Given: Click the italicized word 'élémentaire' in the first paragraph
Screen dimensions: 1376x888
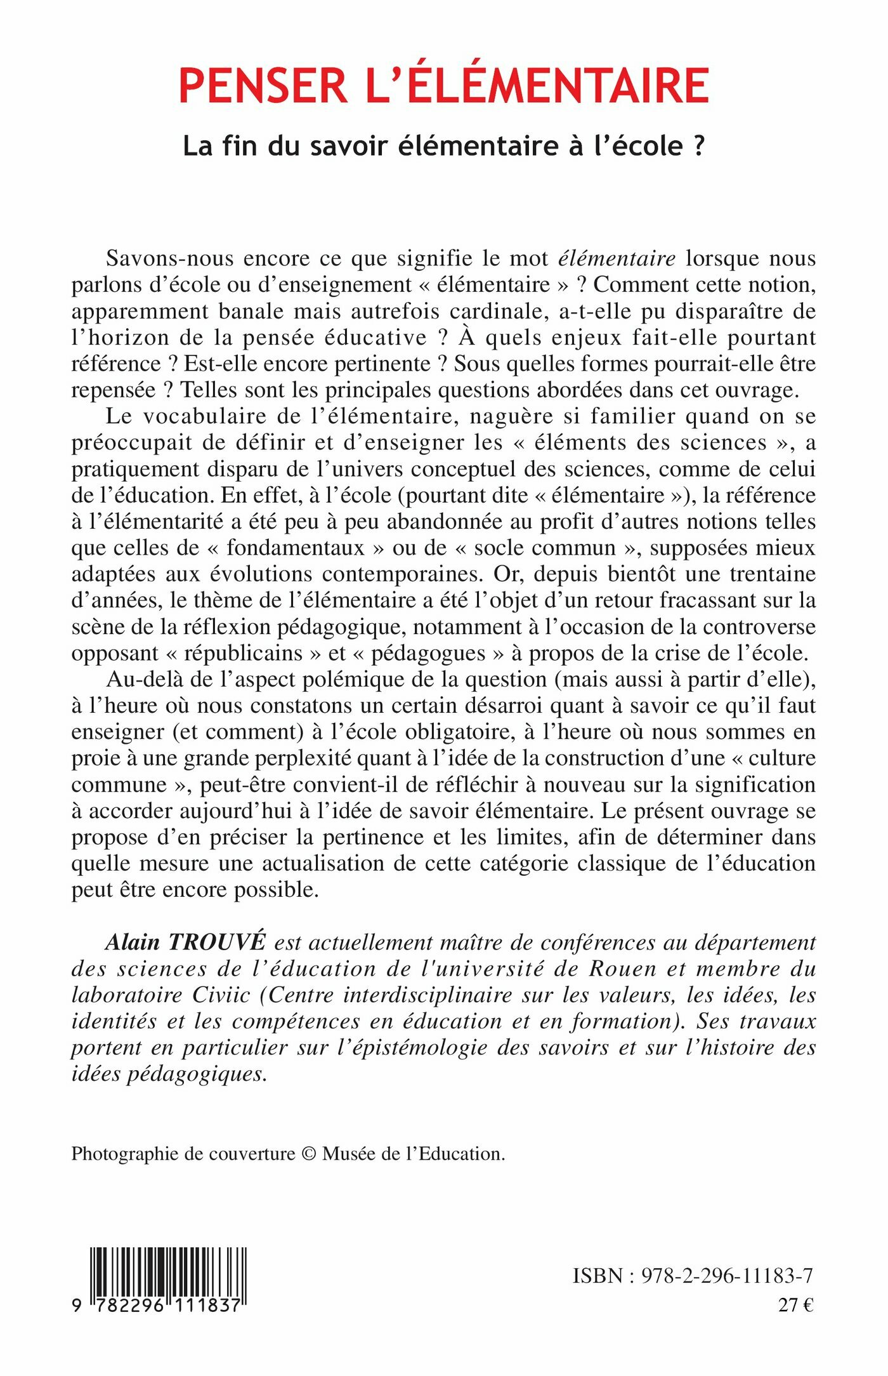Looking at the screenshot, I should pyautogui.click(x=617, y=258).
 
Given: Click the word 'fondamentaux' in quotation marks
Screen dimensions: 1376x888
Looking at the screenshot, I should pyautogui.click(x=296, y=548).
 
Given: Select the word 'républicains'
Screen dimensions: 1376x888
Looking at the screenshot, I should pyautogui.click(x=244, y=653).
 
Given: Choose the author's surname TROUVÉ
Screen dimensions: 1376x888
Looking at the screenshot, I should pyautogui.click(x=216, y=943).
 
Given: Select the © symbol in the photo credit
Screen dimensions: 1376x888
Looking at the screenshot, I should pyautogui.click(x=309, y=1153).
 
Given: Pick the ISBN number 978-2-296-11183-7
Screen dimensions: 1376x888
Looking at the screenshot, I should pyautogui.click(x=727, y=1276).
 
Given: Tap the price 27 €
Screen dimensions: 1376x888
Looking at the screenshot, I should pyautogui.click(x=795, y=1305).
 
